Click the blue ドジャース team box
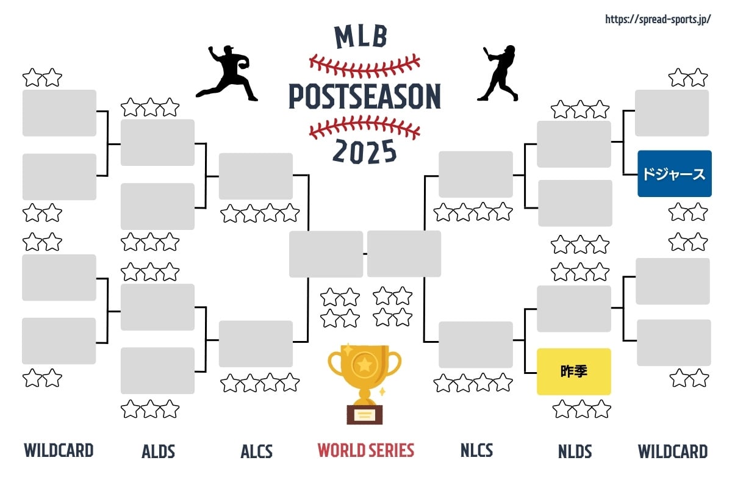coord(675,174)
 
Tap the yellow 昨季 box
coord(574,371)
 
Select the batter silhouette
coord(498,73)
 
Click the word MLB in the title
coord(361,37)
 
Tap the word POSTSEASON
coord(365,96)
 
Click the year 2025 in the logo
coord(365,151)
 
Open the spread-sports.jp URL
coord(658,20)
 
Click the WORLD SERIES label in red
coord(365,450)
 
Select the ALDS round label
coord(158,451)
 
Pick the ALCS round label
coord(257,451)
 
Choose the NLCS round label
coord(476,450)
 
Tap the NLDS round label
coord(575,451)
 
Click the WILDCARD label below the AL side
coord(59,450)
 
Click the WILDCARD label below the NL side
coord(673,451)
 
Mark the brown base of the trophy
coord(365,415)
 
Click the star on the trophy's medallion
coord(365,364)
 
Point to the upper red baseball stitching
coord(365,66)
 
